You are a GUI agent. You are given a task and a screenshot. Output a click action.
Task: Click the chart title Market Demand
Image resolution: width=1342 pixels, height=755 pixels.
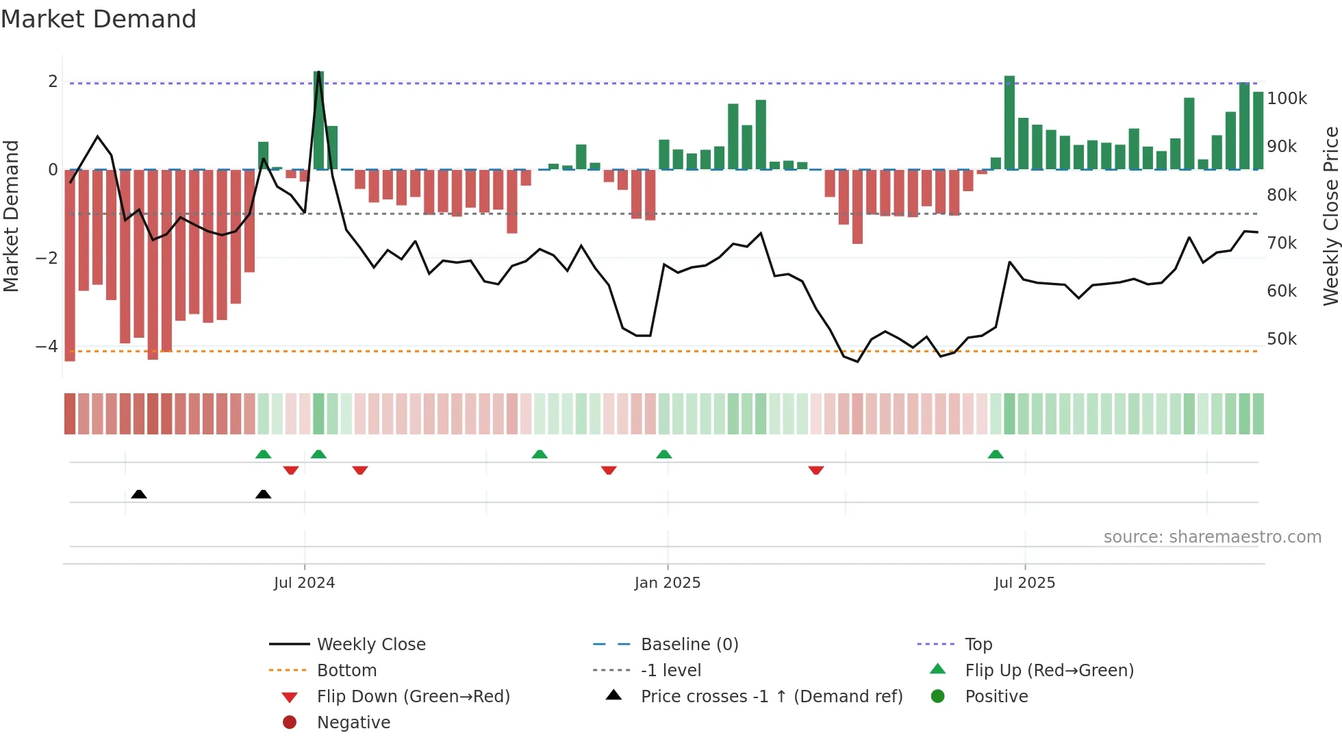coord(99,19)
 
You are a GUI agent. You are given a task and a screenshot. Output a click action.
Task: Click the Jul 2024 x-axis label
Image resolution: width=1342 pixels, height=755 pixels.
coord(304,583)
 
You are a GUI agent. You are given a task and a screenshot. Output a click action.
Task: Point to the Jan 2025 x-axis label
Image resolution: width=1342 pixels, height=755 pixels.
coord(667,583)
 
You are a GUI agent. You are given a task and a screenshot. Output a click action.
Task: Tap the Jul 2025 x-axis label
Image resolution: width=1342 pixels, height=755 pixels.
coord(1024,583)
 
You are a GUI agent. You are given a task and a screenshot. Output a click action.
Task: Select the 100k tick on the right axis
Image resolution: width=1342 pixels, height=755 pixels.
coord(1287,99)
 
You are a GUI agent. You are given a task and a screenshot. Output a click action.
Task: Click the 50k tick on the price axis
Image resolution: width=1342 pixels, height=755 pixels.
coord(1281,339)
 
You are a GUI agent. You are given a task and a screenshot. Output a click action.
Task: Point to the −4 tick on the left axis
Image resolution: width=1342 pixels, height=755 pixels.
coord(47,347)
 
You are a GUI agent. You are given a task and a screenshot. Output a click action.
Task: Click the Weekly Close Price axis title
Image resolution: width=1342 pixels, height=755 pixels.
coord(1330,216)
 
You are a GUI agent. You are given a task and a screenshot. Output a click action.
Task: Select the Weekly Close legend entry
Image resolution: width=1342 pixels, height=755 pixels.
coord(370,645)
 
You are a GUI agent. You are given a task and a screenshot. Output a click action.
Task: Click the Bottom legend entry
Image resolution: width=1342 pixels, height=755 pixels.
coord(346,671)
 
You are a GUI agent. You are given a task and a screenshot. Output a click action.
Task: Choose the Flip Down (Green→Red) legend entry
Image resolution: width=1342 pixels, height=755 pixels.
coord(413,697)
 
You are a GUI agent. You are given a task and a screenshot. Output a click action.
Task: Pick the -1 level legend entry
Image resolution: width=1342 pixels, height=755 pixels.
coord(670,671)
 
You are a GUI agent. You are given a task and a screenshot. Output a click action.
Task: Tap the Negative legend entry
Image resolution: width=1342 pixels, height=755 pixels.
coord(353,723)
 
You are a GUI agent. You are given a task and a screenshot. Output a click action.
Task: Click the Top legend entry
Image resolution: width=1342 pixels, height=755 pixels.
coord(978,645)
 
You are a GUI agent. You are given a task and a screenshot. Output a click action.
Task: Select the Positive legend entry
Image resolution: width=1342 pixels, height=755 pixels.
coord(996,697)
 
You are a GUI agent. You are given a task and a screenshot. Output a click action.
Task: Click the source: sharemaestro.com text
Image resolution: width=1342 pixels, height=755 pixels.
coord(1212,537)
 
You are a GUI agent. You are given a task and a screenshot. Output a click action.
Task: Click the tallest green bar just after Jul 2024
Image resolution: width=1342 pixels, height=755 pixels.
coord(318,121)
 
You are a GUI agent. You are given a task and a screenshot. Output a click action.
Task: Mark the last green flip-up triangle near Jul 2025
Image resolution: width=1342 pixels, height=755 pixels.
coord(996,454)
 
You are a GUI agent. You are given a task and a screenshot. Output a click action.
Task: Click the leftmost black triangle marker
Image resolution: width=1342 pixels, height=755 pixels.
coord(139,494)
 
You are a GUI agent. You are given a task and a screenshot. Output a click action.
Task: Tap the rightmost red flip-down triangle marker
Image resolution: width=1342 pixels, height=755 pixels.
coord(815,470)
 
